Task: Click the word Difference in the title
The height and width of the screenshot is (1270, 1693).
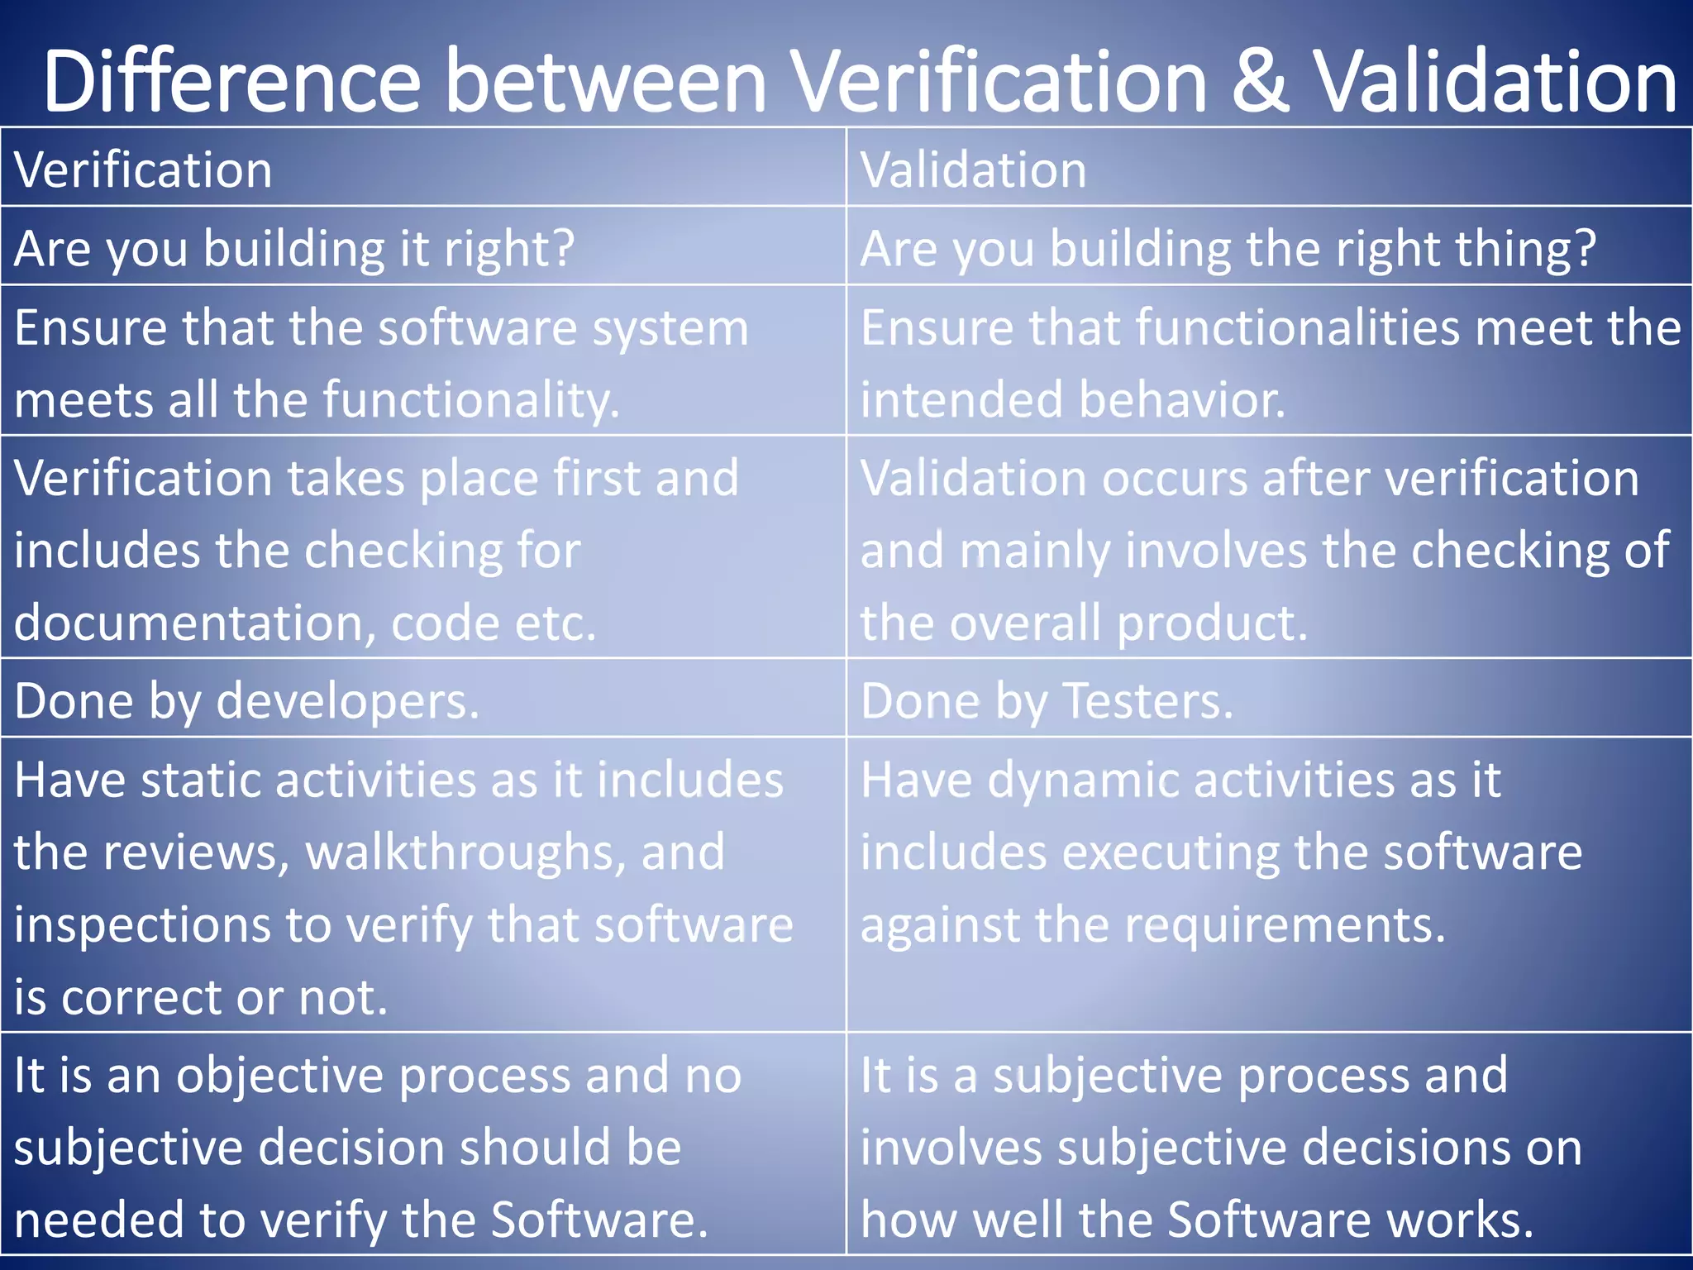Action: point(231,82)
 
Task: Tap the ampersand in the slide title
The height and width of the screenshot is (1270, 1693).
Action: point(1260,82)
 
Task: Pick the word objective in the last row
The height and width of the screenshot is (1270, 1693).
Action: point(280,1076)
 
